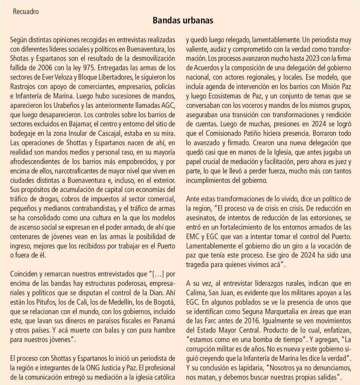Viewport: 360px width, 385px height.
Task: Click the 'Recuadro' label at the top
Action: (x=26, y=11)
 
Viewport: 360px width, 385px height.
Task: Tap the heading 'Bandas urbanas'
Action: (x=183, y=21)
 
